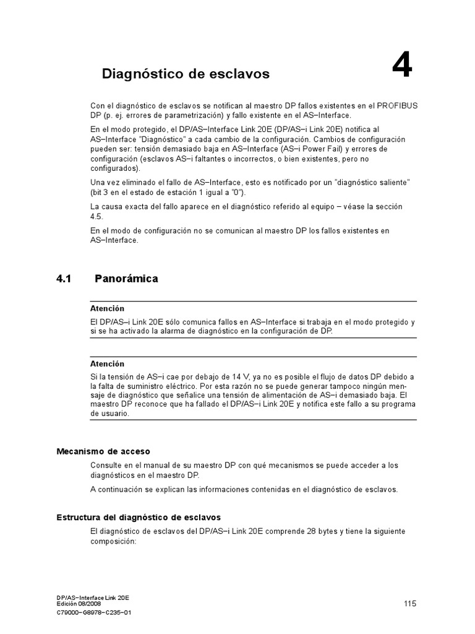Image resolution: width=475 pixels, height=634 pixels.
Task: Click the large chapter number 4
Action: tap(401, 66)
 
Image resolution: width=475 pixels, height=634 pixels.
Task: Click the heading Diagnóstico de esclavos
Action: tap(186, 74)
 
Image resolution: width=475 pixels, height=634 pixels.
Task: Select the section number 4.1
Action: tap(64, 279)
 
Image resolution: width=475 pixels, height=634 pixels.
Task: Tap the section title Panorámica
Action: tap(126, 279)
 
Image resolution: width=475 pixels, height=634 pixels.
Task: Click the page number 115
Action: tap(410, 604)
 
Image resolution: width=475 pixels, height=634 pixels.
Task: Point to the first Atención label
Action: tap(107, 308)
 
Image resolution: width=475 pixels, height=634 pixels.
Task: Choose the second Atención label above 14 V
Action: tap(107, 364)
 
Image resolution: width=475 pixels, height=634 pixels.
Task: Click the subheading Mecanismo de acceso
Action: tap(103, 451)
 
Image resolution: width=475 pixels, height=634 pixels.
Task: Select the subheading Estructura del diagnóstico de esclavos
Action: tap(139, 517)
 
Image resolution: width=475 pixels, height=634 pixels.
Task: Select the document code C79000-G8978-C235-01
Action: tap(93, 612)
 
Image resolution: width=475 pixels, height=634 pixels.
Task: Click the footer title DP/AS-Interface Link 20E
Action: tap(92, 597)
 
